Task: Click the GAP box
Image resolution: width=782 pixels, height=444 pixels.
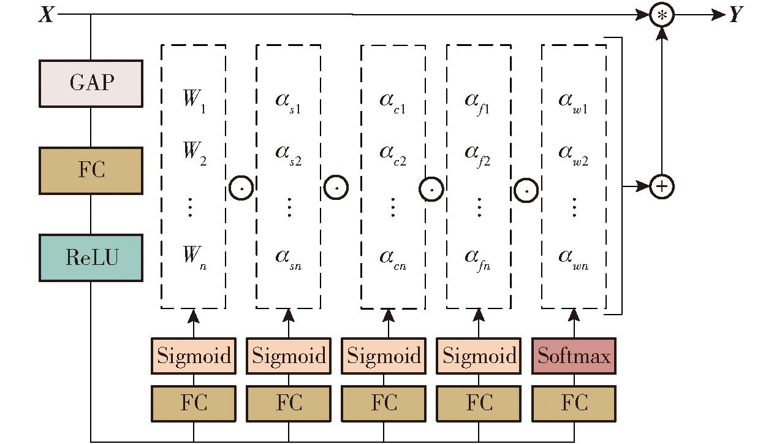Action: [91, 83]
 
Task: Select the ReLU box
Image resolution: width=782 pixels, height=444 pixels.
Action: [91, 258]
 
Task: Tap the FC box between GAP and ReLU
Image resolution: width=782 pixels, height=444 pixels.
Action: [91, 170]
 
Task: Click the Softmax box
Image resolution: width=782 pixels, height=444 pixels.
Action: [574, 356]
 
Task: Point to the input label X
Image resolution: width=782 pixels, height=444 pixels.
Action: [46, 15]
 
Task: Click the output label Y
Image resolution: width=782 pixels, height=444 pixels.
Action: [736, 15]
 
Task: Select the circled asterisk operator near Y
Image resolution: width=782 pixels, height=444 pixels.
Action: [661, 15]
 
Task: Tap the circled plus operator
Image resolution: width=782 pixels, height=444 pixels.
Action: [661, 185]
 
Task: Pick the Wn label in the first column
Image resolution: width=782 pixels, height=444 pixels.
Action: [194, 256]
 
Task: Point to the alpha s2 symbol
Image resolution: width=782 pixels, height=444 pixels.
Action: [288, 153]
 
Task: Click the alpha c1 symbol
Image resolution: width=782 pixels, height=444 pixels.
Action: [392, 101]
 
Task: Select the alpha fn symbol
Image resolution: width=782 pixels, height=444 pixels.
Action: [478, 258]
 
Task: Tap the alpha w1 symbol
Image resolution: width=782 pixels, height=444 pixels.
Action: [574, 101]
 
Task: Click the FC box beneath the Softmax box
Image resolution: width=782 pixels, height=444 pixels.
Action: [574, 404]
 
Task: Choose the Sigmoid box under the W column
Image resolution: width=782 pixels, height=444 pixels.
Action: [194, 356]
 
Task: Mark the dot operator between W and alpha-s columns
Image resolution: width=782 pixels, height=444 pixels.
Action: [241, 188]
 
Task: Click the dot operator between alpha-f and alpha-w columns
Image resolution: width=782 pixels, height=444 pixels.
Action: [526, 190]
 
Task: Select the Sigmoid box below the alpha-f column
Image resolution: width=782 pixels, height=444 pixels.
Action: [479, 356]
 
